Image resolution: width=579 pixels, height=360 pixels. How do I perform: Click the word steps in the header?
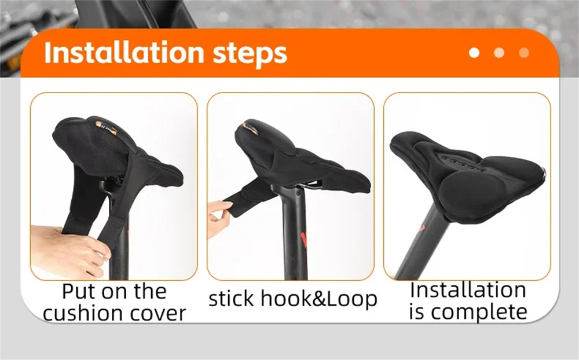[x=250, y=54]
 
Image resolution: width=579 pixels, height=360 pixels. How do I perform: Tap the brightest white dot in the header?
[x=474, y=53]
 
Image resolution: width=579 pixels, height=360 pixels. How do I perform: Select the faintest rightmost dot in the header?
[x=524, y=53]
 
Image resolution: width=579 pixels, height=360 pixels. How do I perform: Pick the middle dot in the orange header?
[x=499, y=53]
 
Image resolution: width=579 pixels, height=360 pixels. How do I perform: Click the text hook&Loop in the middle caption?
[x=319, y=299]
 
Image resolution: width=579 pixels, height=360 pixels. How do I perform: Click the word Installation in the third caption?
[x=468, y=290]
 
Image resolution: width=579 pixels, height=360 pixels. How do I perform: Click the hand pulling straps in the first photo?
[x=69, y=251]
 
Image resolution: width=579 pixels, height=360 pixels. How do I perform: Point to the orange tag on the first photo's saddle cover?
[x=107, y=128]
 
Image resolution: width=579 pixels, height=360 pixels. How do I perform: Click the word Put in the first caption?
[x=78, y=291]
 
